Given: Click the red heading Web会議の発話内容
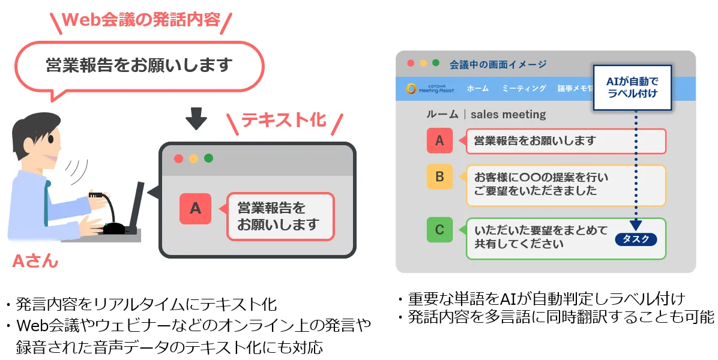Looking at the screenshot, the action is coord(141,20).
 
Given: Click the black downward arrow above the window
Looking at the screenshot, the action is coord(196,118).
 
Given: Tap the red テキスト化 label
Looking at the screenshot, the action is coord(283,120).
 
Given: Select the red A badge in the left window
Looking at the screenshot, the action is coord(196,209).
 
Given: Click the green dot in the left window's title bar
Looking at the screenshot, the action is coord(208,158).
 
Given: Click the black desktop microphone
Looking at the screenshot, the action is coord(110,215).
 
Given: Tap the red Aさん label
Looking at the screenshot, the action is coord(35,261).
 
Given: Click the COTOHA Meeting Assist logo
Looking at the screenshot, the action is coord(429,88).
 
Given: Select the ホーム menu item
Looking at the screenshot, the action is coord(478,88).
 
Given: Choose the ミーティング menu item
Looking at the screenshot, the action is coord(524,88).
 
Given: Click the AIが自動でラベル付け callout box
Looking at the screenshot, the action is coord(632,88).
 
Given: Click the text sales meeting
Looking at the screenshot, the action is coord(508,115).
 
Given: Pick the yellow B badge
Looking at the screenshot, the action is coord(439,176).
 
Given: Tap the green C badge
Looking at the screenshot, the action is coord(439,230).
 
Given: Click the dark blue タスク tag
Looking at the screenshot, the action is coord(636,239).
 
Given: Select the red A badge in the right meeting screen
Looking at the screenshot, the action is coord(439,140).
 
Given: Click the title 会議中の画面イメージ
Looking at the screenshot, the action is coord(498,64).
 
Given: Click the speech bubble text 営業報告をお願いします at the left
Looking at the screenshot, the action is coord(139,65).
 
